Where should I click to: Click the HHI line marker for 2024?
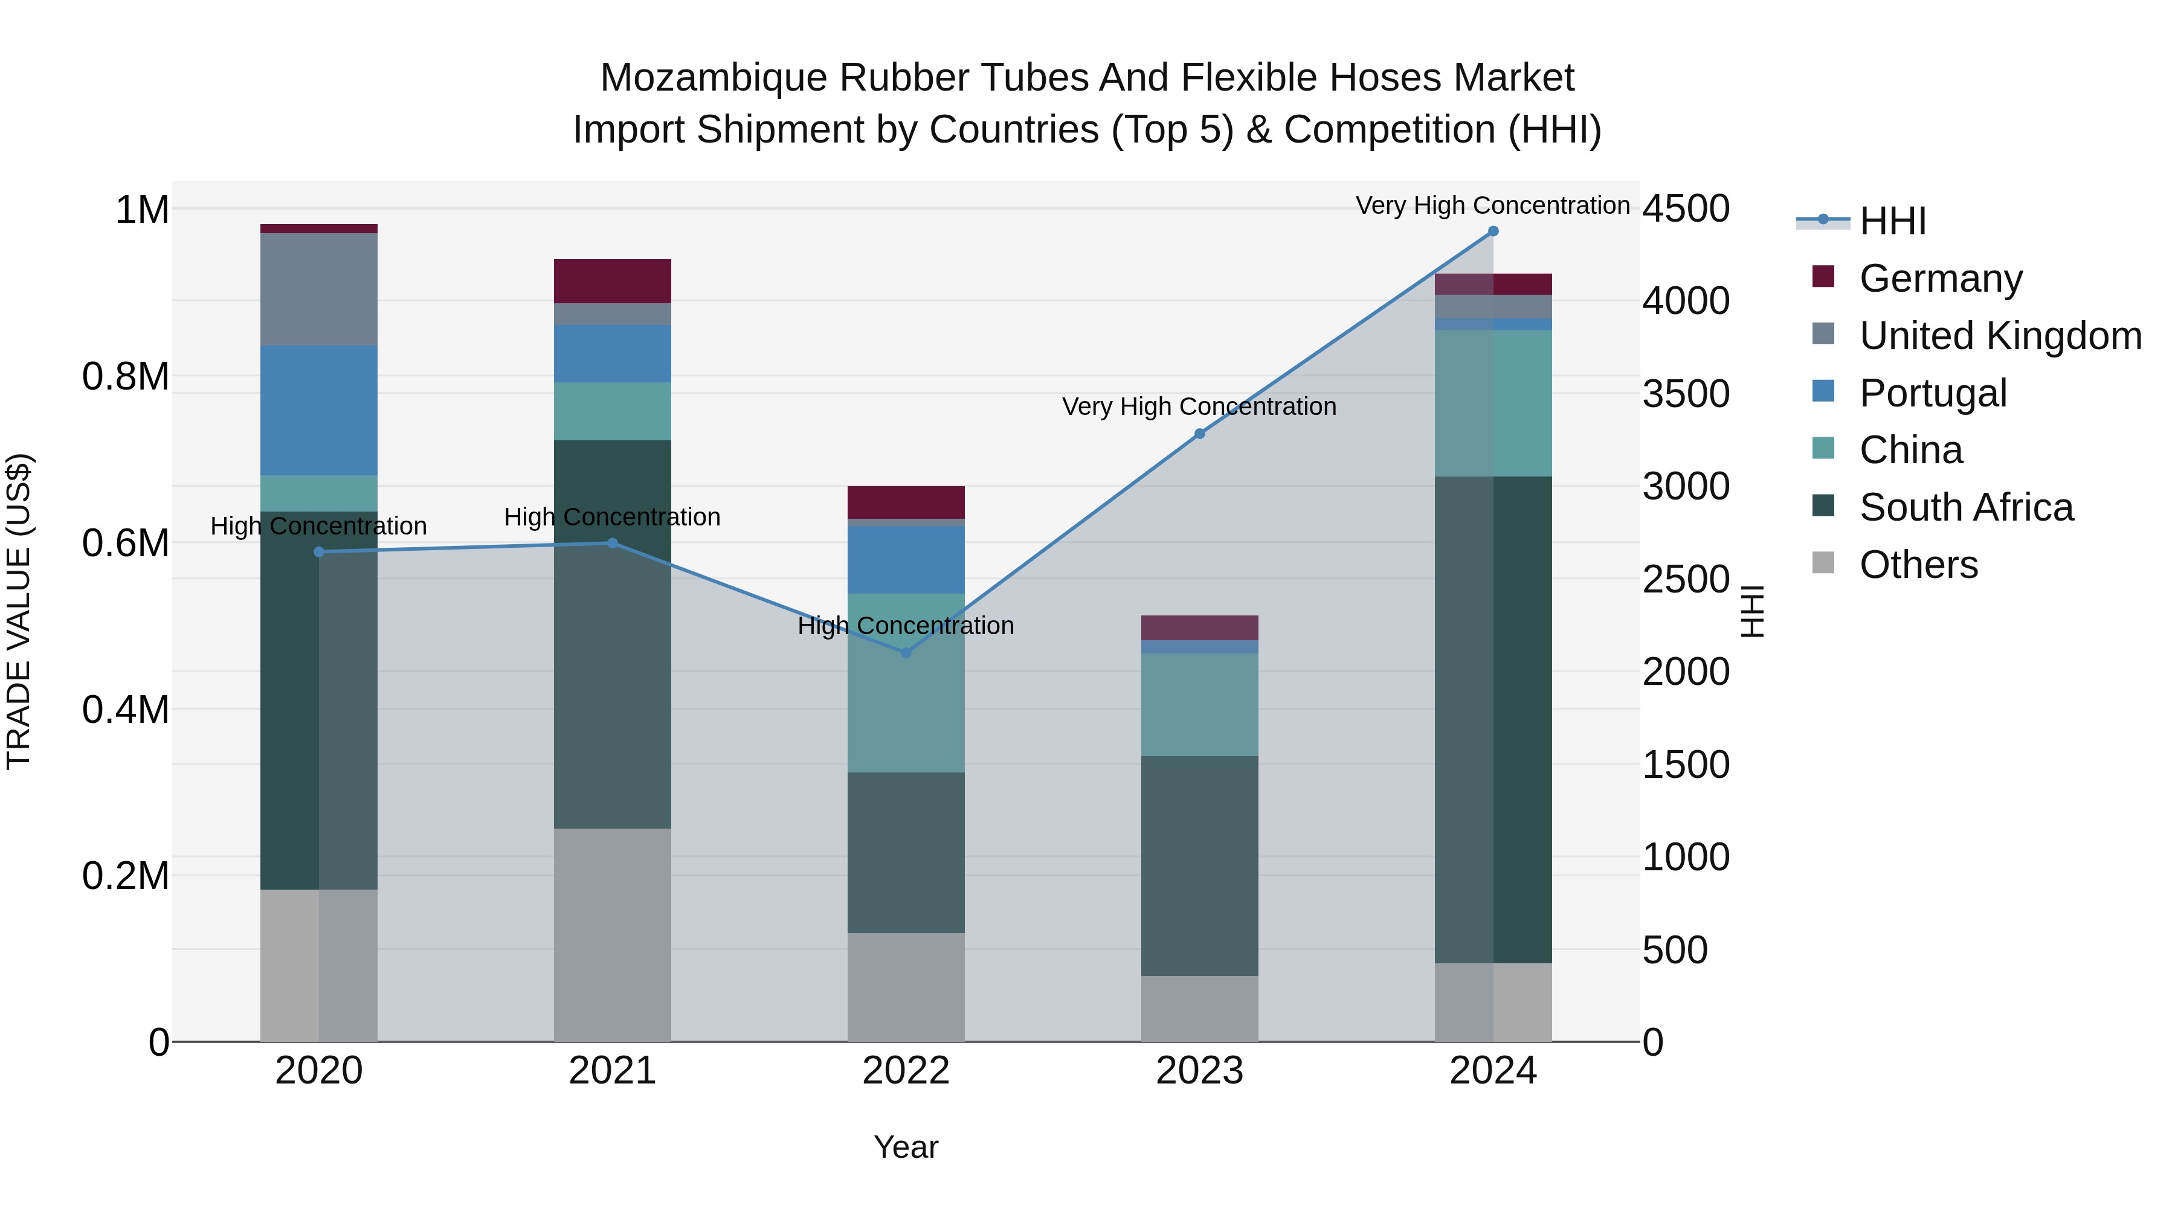(x=1493, y=231)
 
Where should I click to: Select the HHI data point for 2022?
(x=906, y=652)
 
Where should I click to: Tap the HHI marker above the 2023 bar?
(x=1200, y=434)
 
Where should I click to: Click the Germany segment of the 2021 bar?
(x=612, y=281)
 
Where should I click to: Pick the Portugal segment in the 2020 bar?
(x=318, y=410)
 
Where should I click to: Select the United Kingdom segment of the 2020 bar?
(x=318, y=289)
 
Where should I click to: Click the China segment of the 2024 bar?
(x=1493, y=403)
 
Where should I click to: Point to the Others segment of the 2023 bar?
(x=1200, y=1009)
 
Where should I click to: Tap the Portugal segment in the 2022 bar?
(x=906, y=560)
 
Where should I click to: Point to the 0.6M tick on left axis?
(x=125, y=543)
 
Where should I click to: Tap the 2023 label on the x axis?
(x=1200, y=1071)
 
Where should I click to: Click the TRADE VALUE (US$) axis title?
(x=19, y=611)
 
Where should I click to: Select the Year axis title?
(x=906, y=1147)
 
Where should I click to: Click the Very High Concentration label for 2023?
(x=1200, y=407)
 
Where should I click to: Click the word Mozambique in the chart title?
(x=713, y=78)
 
